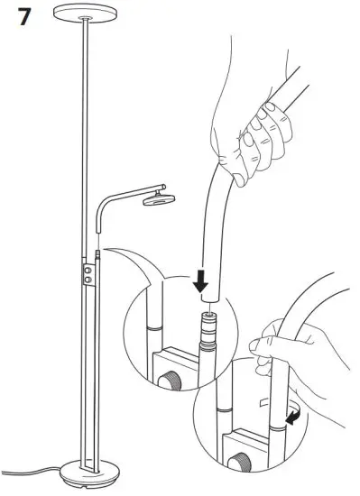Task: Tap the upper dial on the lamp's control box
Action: pos(87,269)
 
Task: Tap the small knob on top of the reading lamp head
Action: pos(157,187)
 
